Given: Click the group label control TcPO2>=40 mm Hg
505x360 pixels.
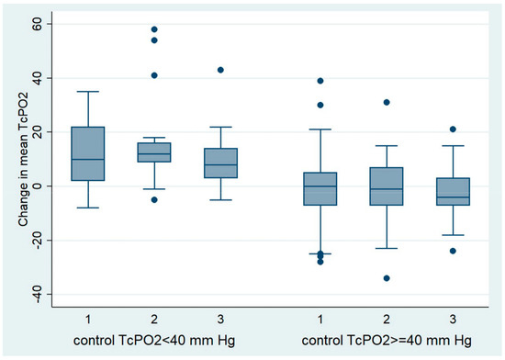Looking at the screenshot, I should tap(388, 341).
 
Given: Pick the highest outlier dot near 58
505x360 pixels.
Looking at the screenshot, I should tap(154, 29).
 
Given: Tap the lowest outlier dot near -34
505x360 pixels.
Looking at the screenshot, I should tap(387, 277).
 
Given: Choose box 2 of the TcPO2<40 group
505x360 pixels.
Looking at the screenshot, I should tap(154, 152).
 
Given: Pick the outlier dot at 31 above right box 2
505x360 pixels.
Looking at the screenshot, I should tap(387, 102).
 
